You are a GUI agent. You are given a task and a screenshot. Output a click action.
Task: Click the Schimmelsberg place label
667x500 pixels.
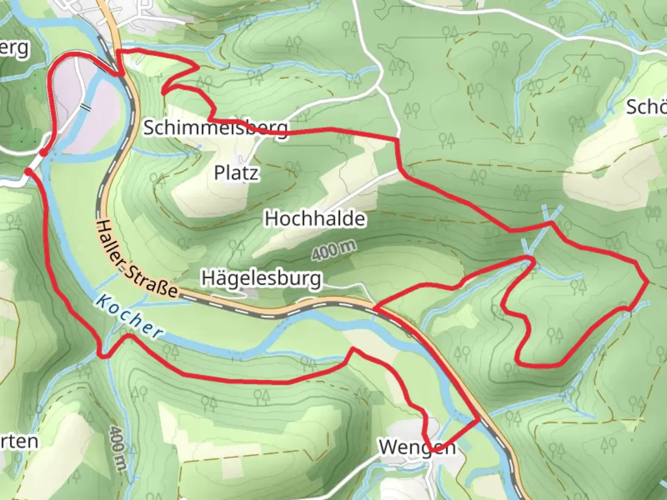tap(215, 127)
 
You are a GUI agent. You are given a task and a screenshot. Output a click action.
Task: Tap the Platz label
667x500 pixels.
tap(236, 173)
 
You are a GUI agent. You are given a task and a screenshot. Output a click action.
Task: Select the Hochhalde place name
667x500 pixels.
tap(315, 218)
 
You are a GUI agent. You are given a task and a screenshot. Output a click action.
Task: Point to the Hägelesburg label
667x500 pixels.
tap(261, 278)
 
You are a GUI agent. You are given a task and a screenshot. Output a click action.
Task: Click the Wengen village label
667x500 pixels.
tap(417, 447)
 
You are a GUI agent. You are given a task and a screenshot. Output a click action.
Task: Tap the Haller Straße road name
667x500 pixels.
tap(137, 258)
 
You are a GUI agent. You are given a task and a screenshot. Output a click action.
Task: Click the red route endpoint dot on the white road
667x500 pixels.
tap(28, 172)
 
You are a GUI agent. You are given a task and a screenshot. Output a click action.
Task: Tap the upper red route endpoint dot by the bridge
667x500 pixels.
tap(43, 152)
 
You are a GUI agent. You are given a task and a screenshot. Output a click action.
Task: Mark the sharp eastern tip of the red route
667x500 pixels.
tap(647, 281)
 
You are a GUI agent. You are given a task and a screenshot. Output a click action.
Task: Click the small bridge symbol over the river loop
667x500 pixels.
tap(85, 106)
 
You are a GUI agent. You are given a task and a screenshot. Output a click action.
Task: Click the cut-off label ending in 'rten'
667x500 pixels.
tap(19, 441)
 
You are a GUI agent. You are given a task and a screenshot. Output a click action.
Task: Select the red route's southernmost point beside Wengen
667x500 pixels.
tap(431, 450)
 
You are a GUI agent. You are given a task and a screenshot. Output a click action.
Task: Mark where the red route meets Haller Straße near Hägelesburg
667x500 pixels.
tap(374, 308)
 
